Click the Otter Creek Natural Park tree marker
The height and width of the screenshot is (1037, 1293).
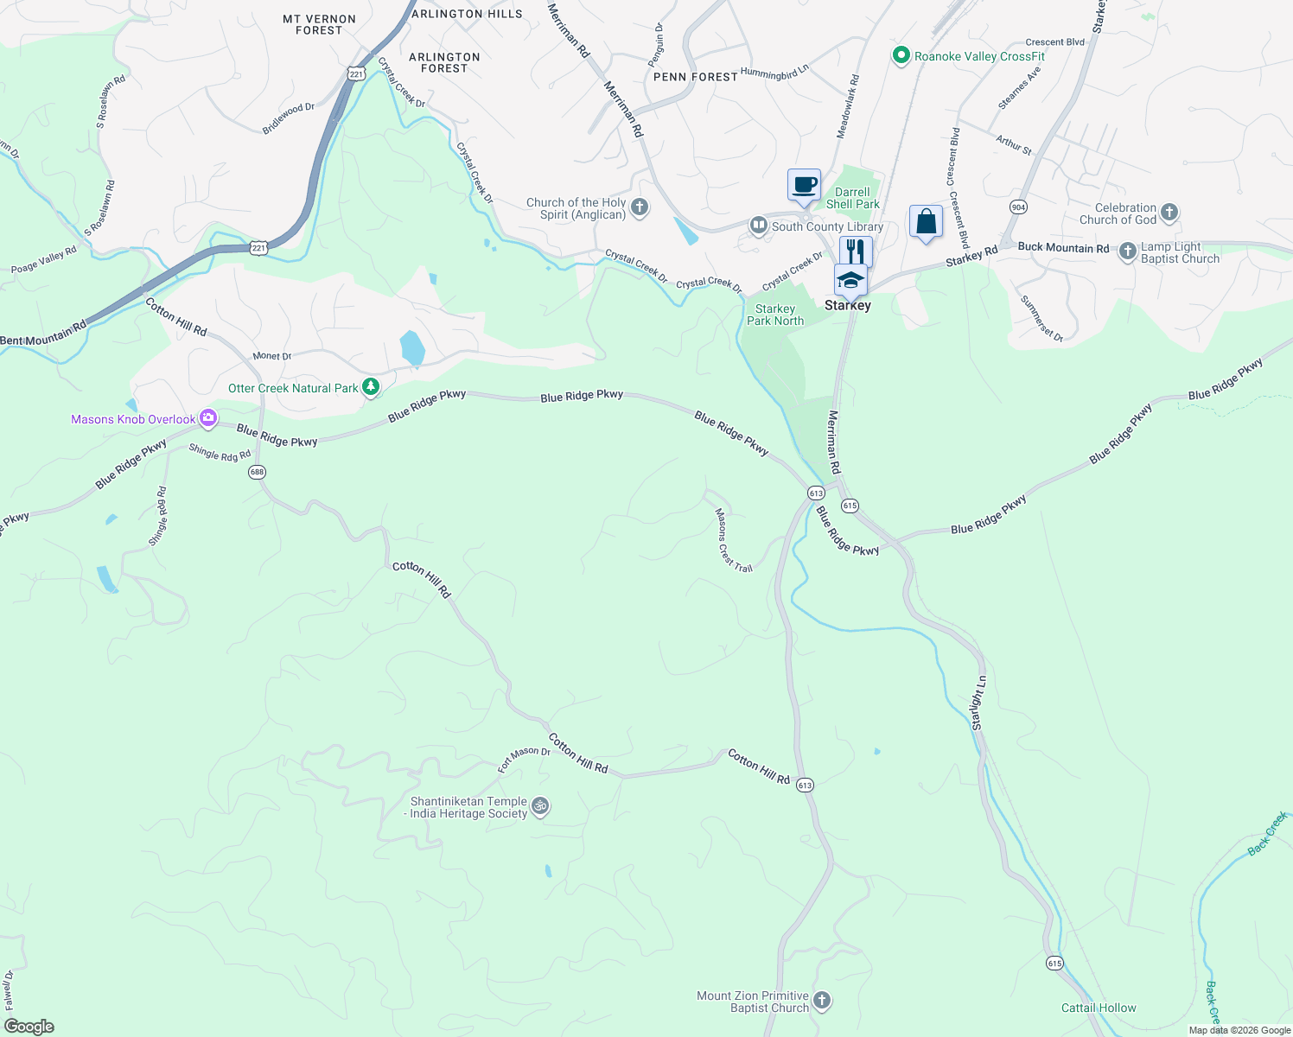[x=371, y=387]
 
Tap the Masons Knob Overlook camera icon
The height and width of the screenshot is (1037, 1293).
[x=208, y=419]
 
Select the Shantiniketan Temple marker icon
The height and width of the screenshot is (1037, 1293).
[x=540, y=807]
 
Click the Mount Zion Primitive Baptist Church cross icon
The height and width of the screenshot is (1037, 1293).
[x=822, y=1001]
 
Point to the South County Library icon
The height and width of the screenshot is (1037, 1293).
[x=759, y=226]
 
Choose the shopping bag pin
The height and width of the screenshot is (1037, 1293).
[x=926, y=222]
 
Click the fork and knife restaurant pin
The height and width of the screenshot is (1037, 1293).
[x=856, y=251]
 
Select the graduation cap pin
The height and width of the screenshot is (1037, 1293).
[x=850, y=280]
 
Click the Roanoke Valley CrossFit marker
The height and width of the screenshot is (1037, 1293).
[x=901, y=56]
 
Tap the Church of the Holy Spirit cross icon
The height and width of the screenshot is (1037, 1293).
[x=640, y=207]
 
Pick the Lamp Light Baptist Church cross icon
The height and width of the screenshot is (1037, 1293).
[x=1127, y=251]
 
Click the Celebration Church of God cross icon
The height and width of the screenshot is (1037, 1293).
[x=1169, y=213]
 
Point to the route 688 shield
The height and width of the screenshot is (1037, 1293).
[x=257, y=472]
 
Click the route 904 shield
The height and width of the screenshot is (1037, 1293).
[x=1018, y=207]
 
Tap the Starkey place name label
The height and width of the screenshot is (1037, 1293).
[x=847, y=305]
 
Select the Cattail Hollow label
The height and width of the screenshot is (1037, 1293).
[x=1099, y=1008]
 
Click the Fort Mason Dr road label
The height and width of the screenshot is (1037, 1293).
[x=524, y=759]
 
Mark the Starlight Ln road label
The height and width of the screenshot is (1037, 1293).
[x=978, y=703]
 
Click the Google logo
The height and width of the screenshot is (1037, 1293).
[x=29, y=1027]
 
